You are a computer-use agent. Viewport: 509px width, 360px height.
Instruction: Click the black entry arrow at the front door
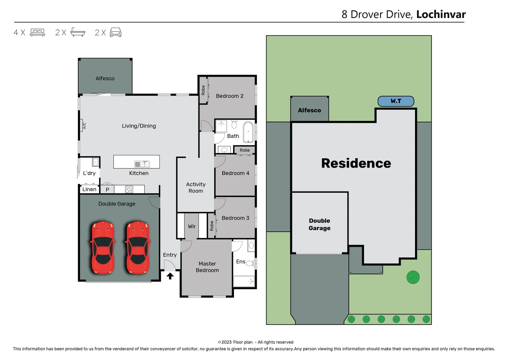[x=170, y=276]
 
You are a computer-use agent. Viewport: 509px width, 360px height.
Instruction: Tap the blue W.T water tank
[x=396, y=101]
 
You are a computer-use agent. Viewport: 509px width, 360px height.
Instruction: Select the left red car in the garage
[x=103, y=247]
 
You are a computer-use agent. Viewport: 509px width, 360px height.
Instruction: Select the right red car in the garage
[x=138, y=247]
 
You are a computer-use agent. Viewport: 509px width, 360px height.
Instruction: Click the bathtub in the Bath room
[x=248, y=132]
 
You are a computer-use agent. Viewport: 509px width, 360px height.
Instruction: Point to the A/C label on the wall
[x=84, y=126]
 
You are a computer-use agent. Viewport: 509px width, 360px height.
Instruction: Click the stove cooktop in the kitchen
[x=129, y=189]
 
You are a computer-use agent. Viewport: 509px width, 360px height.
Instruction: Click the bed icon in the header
[x=37, y=32]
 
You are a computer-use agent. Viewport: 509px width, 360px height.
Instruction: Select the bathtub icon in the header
[x=78, y=32]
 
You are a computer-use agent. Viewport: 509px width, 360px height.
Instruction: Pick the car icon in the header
[x=116, y=32]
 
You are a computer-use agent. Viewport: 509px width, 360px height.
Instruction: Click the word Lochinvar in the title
[x=441, y=14]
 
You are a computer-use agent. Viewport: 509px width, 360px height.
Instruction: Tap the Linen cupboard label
[x=89, y=189]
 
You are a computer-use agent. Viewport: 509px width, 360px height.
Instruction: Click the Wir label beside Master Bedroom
[x=192, y=226]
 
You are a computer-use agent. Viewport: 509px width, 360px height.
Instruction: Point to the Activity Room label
[x=196, y=187]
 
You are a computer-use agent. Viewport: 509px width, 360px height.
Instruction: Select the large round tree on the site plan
[x=413, y=277]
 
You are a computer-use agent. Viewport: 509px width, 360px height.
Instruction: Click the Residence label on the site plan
[x=356, y=163]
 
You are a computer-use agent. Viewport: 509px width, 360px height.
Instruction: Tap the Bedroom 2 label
[x=230, y=96]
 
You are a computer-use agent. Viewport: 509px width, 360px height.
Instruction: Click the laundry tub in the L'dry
[x=96, y=162]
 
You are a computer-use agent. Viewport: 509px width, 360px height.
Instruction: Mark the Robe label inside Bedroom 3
[x=212, y=226]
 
